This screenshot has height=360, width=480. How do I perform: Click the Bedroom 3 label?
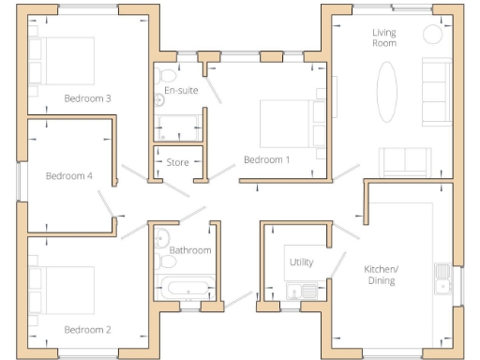point(88,98)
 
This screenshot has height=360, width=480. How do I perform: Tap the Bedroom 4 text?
point(69,175)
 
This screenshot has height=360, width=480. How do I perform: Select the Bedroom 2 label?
point(88,329)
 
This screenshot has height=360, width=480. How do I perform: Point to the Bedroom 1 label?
point(267,160)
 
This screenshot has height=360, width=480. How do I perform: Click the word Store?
point(177,163)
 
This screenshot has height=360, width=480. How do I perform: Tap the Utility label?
point(302,262)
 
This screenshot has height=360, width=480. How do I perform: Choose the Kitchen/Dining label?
point(381,274)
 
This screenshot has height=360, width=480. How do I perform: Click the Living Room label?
point(384,37)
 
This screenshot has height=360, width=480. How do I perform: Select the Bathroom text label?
point(190,250)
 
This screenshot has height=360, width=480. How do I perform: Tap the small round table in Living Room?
point(433,33)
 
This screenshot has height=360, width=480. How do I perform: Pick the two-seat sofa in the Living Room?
point(404,162)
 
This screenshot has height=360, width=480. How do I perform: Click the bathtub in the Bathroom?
point(187,287)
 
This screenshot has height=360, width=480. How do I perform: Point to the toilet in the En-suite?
point(167,75)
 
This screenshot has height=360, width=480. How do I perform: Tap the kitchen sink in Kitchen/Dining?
point(442,277)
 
